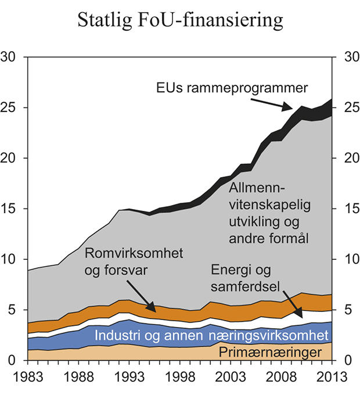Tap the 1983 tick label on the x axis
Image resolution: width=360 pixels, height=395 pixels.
pyautogui.click(x=28, y=376)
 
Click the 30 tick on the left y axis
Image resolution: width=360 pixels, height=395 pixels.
pyautogui.click(x=12, y=58)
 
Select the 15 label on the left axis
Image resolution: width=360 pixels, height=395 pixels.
pyautogui.click(x=12, y=209)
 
